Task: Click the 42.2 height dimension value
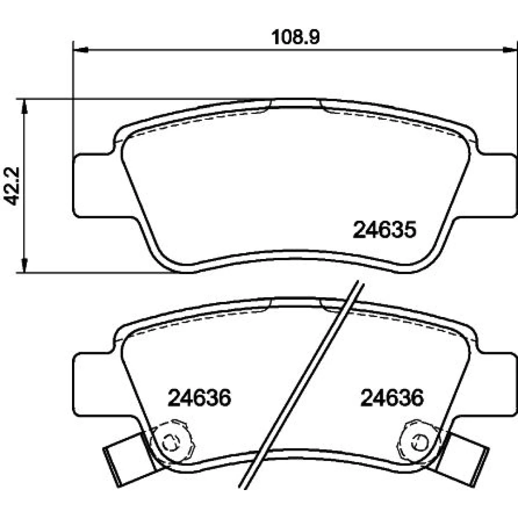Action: [12, 186]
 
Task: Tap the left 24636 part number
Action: [199, 398]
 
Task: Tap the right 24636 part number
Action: [392, 398]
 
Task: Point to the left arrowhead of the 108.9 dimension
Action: [80, 50]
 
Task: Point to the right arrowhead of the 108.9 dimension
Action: [510, 50]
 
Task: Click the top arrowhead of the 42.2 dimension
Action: [24, 106]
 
